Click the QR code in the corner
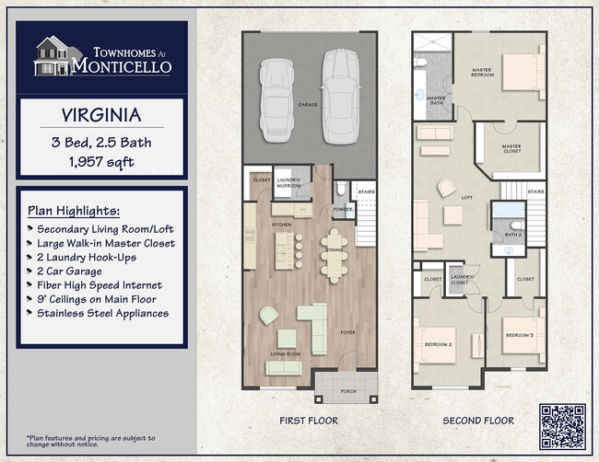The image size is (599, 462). coord(562,426)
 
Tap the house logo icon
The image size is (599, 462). coord(52,55)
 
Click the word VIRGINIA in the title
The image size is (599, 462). coord(101,116)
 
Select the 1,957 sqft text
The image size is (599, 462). coord(101,162)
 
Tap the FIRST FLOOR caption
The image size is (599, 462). coord(308,421)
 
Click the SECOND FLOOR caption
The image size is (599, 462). coord(478,421)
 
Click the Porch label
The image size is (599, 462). coord(348,391)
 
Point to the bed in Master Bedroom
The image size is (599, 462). coord(523,71)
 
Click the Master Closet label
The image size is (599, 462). coord(511,148)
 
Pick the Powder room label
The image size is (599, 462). coord(343,209)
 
